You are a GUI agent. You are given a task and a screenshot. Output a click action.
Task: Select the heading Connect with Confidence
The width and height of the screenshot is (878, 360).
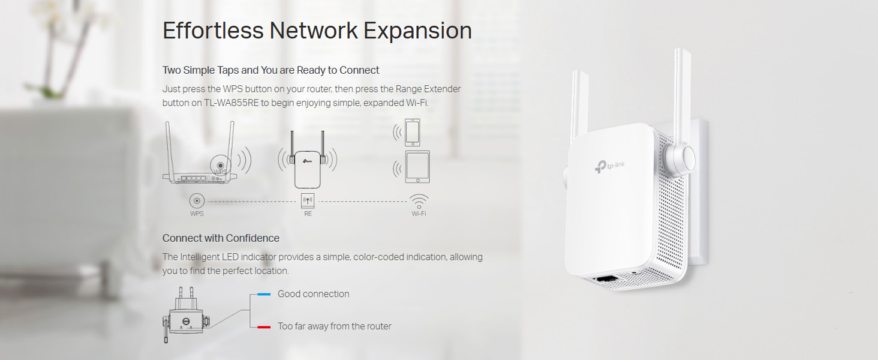[x=221, y=238]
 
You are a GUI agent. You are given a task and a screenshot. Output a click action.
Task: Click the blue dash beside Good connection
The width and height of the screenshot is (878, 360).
[x=264, y=295]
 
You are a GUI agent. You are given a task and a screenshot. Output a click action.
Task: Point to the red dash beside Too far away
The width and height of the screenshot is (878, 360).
[x=264, y=327]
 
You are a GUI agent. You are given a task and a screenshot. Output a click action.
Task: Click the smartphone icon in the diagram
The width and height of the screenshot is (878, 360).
[x=413, y=132]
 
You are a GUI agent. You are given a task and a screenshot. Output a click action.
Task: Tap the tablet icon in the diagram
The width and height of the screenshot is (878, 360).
[x=417, y=166]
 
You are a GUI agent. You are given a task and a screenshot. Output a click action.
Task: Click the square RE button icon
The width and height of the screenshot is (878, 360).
[x=308, y=201]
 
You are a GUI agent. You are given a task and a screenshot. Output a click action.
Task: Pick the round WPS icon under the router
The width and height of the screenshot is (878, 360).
[x=197, y=201]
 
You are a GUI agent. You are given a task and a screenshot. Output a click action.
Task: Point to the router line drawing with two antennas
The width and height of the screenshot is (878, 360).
[x=199, y=159]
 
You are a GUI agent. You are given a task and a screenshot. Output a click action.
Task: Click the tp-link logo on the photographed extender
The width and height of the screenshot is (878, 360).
[x=610, y=166]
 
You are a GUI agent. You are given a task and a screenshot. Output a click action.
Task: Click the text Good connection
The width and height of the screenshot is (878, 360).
[x=313, y=294]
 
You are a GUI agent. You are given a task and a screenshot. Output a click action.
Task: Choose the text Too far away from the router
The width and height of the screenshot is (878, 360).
[x=334, y=326]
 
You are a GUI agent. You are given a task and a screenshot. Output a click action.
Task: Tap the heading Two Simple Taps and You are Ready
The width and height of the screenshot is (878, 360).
[x=270, y=70]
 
